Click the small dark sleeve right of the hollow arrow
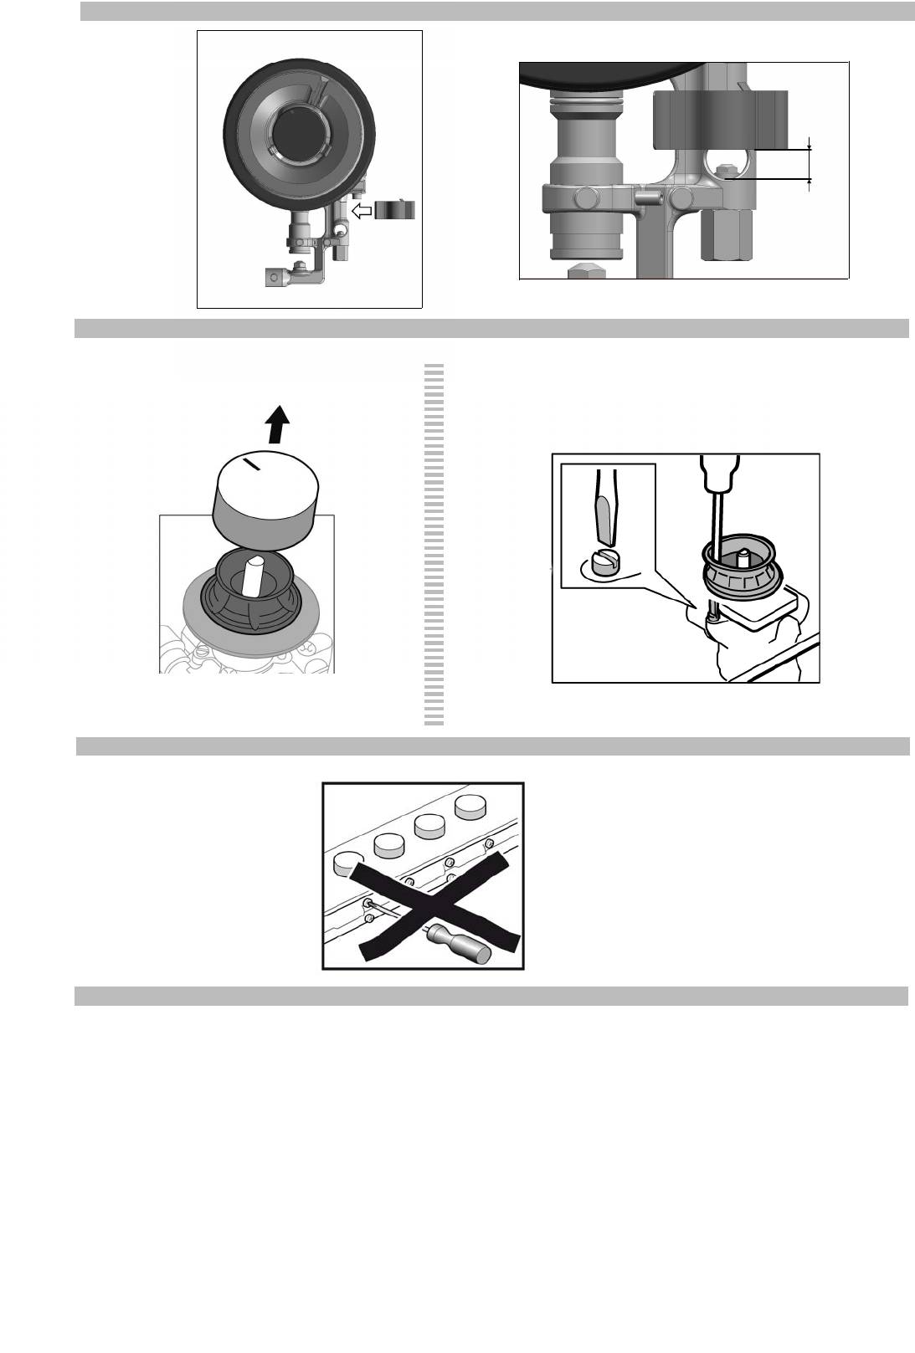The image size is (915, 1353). pos(395,209)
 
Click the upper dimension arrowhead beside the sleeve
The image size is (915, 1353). pos(809,147)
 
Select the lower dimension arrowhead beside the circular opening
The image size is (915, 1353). pos(809,180)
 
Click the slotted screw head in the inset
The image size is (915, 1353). pos(604,561)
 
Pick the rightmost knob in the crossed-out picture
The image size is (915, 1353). pos(471,807)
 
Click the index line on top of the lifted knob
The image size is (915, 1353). pos(252,464)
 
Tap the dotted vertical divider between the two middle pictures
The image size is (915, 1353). pos(434,544)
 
